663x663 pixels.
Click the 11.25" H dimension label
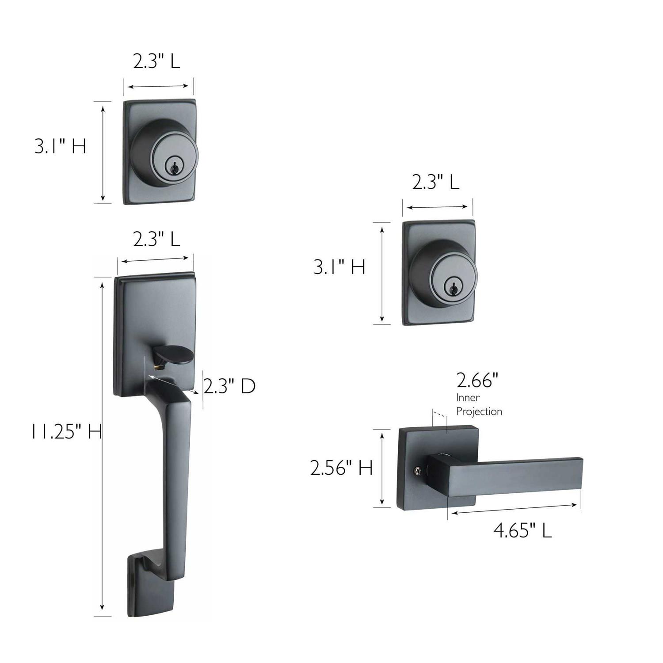pyautogui.click(x=66, y=431)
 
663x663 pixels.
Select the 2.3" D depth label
pyautogui.click(x=229, y=386)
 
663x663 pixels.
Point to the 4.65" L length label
pyautogui.click(x=522, y=530)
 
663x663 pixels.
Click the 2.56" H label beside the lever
pyautogui.click(x=341, y=468)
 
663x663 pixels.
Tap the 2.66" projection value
pyautogui.click(x=477, y=380)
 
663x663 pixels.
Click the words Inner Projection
pyautogui.click(x=479, y=404)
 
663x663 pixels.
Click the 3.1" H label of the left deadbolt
pyautogui.click(x=60, y=146)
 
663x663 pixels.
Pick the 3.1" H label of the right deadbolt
pyautogui.click(x=339, y=267)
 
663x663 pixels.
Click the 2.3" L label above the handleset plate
pyautogui.click(x=156, y=240)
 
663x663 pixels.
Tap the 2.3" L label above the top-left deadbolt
pyautogui.click(x=156, y=61)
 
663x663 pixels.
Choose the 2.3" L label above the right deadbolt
pyautogui.click(x=435, y=182)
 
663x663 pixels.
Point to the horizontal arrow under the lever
pyautogui.click(x=513, y=509)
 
